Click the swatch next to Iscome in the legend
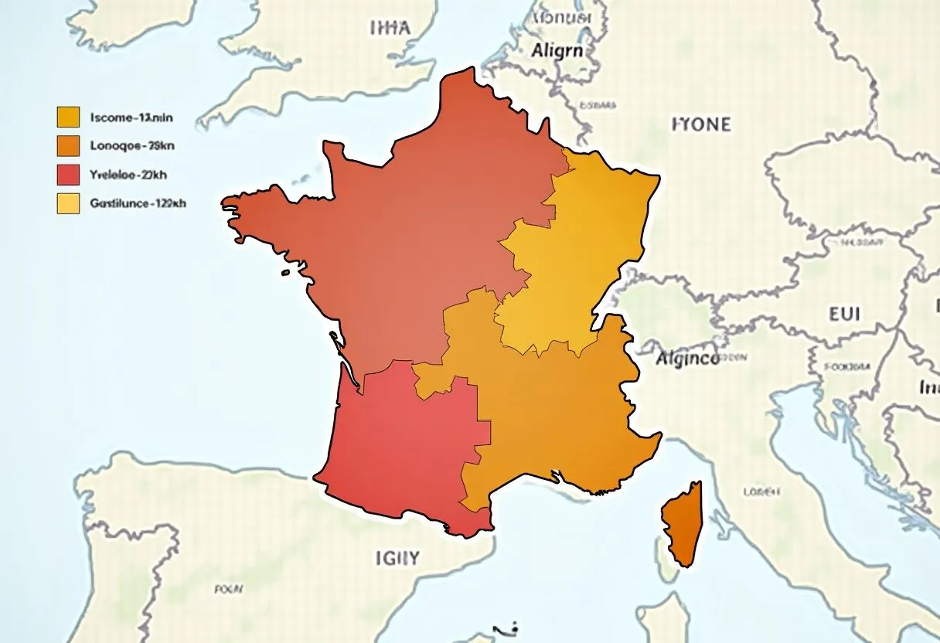(x=68, y=117)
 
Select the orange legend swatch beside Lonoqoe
(x=68, y=145)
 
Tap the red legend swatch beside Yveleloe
(x=68, y=175)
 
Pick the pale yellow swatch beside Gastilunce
(x=68, y=203)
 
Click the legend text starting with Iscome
(x=131, y=117)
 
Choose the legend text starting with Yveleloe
(x=128, y=175)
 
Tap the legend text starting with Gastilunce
(x=138, y=204)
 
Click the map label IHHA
(x=390, y=28)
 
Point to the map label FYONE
(x=700, y=124)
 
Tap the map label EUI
(x=844, y=315)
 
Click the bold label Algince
(x=687, y=359)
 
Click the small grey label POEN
(x=229, y=589)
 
